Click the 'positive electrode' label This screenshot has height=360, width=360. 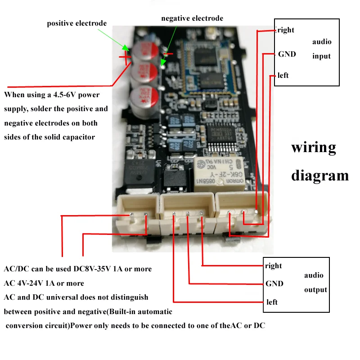tap(77, 23)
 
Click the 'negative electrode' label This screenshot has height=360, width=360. tap(192, 18)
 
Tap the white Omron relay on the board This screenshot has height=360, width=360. tap(216, 173)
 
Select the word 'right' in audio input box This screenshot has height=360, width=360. tap(286, 30)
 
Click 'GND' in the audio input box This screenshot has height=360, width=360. tap(287, 54)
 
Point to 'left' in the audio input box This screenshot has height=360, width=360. tap(283, 75)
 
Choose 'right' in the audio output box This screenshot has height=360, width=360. tap(273, 265)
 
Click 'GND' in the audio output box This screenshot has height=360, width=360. tap(274, 283)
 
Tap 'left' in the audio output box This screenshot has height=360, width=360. tap(272, 302)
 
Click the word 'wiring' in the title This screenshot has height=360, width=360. tap(314, 148)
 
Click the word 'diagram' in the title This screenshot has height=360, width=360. tap(320, 175)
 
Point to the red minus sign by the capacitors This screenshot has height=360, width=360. tap(168, 54)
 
